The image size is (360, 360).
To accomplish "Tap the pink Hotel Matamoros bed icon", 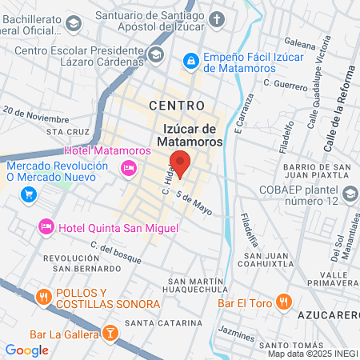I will click(x=126, y=166).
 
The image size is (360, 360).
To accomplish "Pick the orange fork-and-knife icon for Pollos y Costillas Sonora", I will click(x=43, y=298).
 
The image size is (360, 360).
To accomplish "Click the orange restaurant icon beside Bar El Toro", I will click(x=282, y=302).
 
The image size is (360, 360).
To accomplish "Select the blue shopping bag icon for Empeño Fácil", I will click(x=190, y=60).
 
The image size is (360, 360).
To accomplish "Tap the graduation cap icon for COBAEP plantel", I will click(x=350, y=194).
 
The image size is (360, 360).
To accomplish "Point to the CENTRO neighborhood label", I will click(x=177, y=106).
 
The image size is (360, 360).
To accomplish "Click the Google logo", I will click(x=26, y=350).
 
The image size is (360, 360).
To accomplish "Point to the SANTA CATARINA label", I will click(x=169, y=322).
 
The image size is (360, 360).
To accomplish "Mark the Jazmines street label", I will click(x=235, y=330).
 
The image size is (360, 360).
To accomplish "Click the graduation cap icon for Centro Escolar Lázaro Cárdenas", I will click(x=156, y=54).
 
